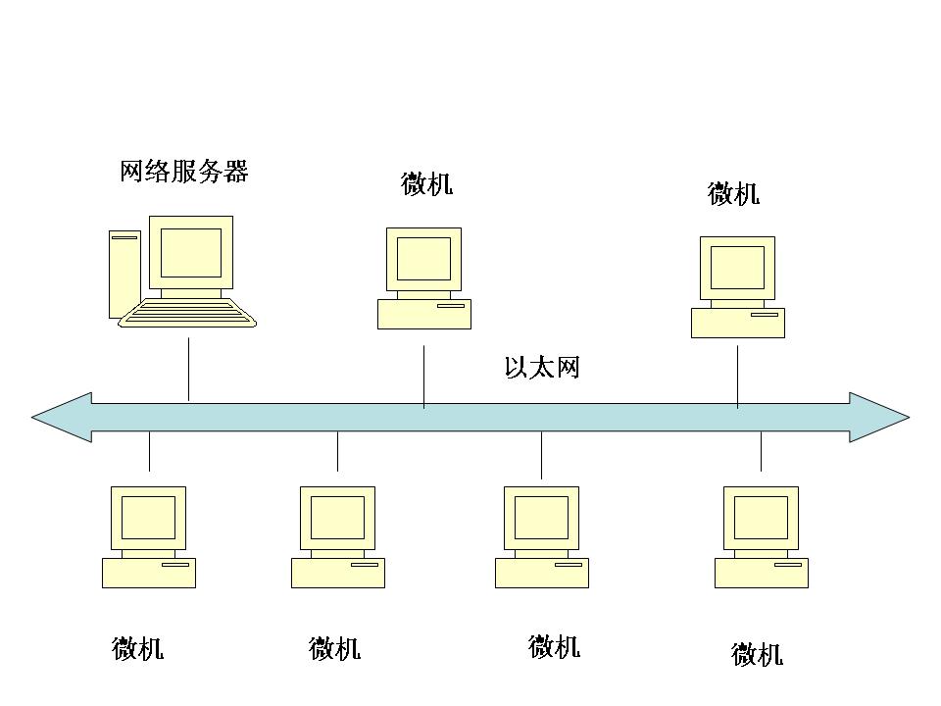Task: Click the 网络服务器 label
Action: tap(184, 172)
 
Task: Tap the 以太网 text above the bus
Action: tap(542, 369)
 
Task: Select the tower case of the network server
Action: tap(124, 275)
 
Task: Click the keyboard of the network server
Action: tap(187, 313)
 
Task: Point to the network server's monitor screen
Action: tap(191, 253)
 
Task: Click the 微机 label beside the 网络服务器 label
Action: tap(426, 184)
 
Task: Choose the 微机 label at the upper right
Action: tap(733, 194)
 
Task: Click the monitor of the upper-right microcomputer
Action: tap(737, 268)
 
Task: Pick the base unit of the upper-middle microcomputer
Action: tap(424, 314)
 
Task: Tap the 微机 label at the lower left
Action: tap(137, 648)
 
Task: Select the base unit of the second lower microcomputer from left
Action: tap(338, 573)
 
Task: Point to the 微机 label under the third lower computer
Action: tap(554, 646)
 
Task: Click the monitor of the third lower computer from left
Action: tap(541, 518)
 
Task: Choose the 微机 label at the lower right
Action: tap(757, 654)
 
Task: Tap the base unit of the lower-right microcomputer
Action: tap(762, 573)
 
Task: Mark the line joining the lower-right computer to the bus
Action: tap(761, 451)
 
